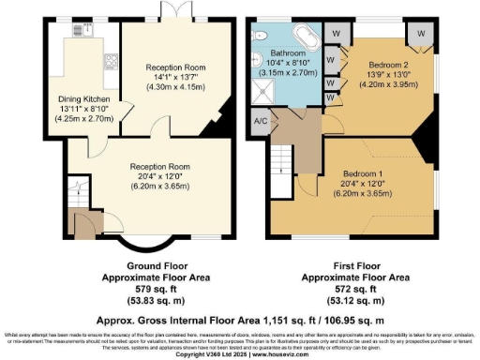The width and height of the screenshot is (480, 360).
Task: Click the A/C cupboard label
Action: pyautogui.click(x=261, y=122)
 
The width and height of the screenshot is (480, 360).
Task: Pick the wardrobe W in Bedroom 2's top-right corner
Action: pyautogui.click(x=421, y=34)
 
